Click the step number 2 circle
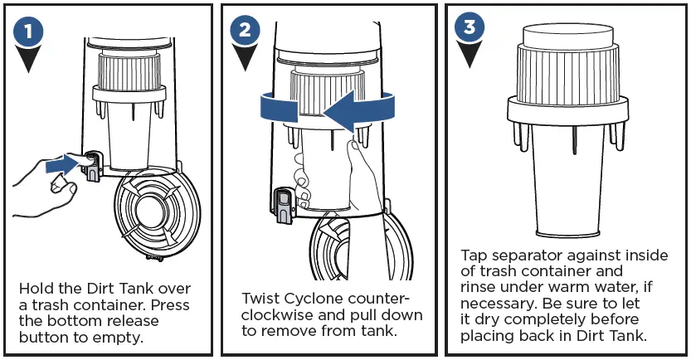[244, 32]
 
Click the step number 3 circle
[470, 27]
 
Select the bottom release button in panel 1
[91, 163]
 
